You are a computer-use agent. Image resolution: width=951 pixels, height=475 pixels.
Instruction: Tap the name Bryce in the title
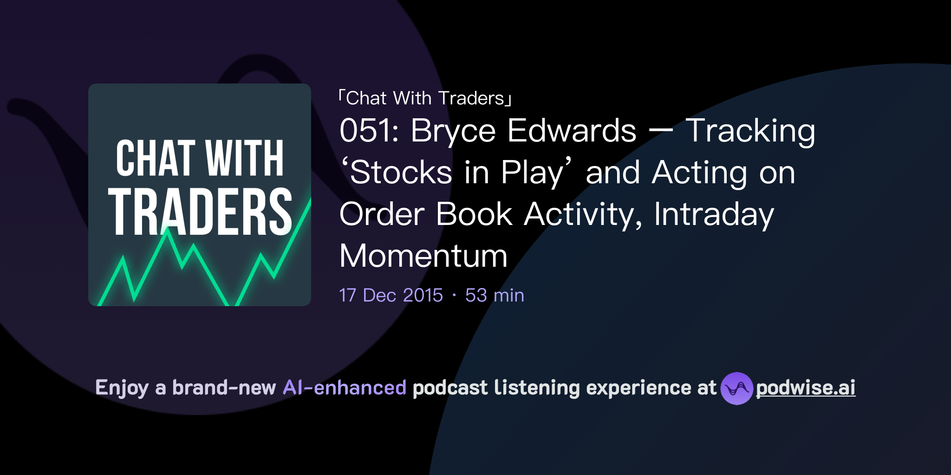point(453,132)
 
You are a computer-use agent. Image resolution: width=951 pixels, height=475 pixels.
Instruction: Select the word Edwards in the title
point(572,131)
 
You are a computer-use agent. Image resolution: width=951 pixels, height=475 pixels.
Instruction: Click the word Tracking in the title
point(750,132)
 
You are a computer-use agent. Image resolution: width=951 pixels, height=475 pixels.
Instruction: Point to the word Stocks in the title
point(401,173)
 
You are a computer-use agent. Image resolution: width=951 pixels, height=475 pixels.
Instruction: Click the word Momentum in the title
point(423,256)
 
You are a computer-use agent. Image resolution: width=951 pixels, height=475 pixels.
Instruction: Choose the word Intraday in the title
point(714,215)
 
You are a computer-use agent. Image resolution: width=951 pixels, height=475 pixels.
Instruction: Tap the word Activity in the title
point(583,215)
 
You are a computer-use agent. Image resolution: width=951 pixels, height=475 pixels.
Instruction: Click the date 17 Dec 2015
point(391,295)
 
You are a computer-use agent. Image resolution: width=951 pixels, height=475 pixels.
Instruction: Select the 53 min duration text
point(495,295)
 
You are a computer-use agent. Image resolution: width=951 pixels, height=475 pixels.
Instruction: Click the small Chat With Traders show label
point(425,98)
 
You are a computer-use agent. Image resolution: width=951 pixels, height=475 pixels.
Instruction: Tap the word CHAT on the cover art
point(156,159)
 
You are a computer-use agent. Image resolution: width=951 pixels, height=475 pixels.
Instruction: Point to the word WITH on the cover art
point(244,159)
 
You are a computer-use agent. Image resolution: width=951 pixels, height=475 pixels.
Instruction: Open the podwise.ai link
point(806,388)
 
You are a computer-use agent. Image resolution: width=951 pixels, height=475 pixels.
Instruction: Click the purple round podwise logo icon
point(736,388)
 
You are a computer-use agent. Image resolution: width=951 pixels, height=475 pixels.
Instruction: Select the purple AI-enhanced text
point(345,388)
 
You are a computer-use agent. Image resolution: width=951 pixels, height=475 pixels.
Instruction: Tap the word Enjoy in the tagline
point(122,388)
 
